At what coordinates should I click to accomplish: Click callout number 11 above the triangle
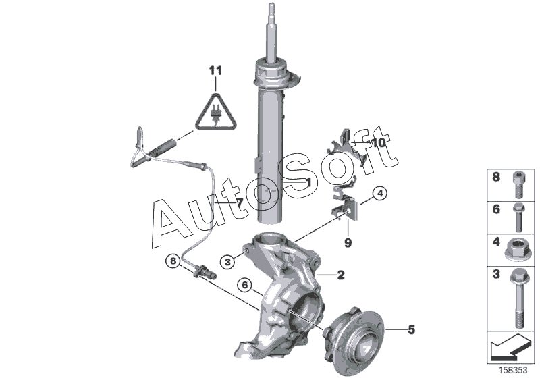pos(215,71)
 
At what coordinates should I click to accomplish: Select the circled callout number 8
pos(173,261)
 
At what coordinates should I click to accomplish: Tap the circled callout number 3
pos(227,263)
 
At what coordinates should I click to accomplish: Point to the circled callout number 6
pos(245,285)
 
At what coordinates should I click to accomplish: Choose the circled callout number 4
pos(380,194)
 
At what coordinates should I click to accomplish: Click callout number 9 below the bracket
pos(348,243)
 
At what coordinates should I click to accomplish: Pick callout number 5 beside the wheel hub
pos(411,330)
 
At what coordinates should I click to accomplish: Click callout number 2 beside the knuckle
pos(341,275)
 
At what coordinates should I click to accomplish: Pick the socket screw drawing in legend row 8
pos(519,185)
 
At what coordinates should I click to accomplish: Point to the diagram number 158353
pos(514,371)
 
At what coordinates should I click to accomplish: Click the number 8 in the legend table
pos(496,178)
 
